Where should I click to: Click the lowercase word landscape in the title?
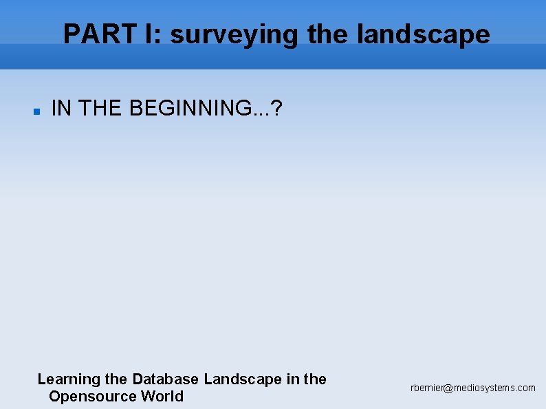pyautogui.click(x=424, y=34)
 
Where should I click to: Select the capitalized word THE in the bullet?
pyautogui.click(x=101, y=108)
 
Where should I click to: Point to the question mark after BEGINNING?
pyautogui.click(x=276, y=108)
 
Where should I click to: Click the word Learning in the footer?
pyautogui.click(x=69, y=379)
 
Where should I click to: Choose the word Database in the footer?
pyautogui.click(x=165, y=379)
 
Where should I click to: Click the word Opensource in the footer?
pyautogui.click(x=93, y=397)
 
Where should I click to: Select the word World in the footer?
pyautogui.click(x=162, y=396)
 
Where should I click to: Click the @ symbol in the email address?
pyautogui.click(x=448, y=388)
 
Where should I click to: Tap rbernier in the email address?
pyautogui.click(x=426, y=388)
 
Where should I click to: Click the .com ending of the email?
pyautogui.click(x=526, y=388)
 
